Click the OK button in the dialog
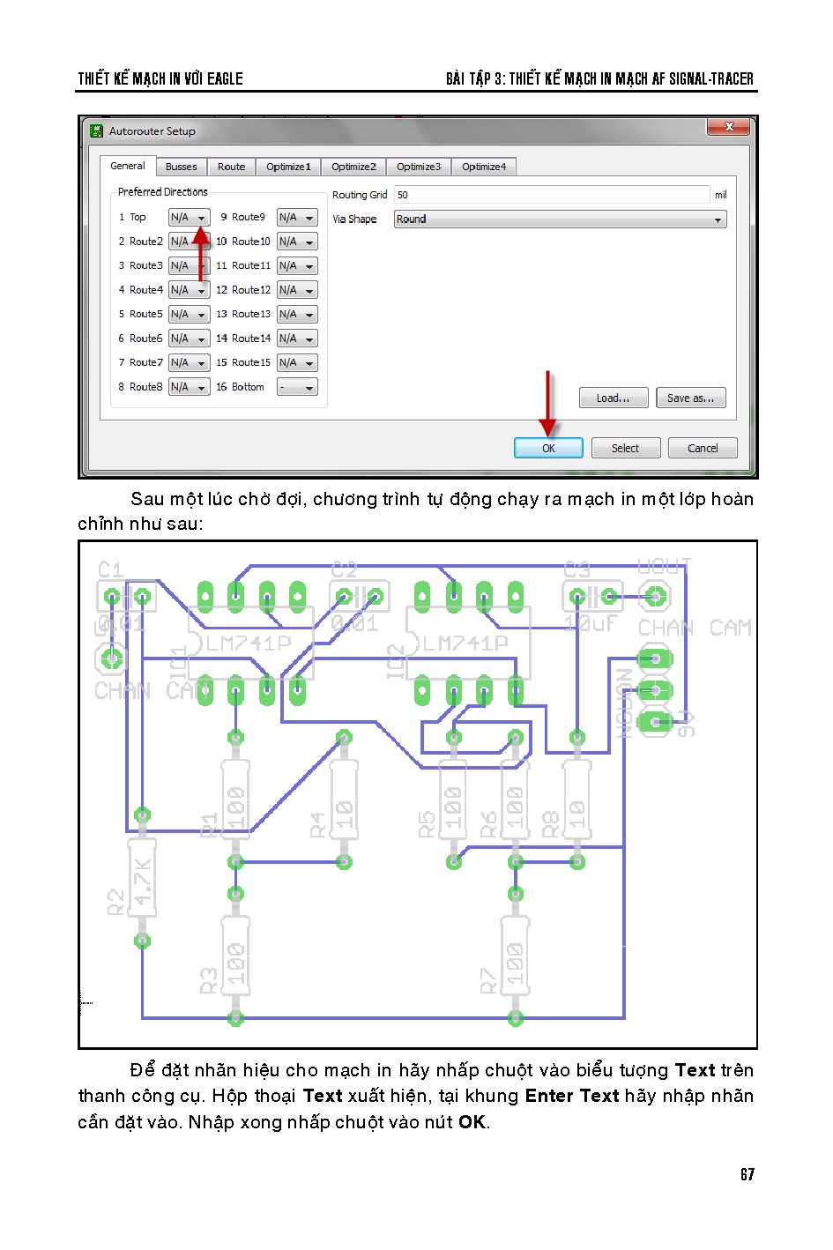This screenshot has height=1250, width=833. coord(548,448)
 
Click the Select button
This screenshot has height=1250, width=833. coord(625,448)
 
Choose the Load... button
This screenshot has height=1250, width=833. coord(613,398)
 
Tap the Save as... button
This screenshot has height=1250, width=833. coord(690,398)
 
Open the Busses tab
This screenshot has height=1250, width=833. coord(182,167)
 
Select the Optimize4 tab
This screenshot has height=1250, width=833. coord(484,167)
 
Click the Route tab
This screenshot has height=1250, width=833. coord(231,167)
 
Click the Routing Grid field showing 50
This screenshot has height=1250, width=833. coord(551,195)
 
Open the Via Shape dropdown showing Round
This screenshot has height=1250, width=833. coord(560,219)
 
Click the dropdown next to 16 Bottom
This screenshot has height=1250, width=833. coord(297,387)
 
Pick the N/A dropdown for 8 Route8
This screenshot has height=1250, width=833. coord(189,387)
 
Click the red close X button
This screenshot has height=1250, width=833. coord(729,128)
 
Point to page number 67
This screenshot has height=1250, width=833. coord(747,1174)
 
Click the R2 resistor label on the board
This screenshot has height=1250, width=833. coord(115,903)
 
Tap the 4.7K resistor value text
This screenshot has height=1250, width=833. coord(142,879)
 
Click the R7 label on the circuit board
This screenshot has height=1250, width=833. coord(487,980)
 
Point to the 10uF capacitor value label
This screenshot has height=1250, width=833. coord(591,623)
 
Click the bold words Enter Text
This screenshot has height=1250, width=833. coord(572,1096)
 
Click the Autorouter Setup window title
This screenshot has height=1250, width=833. coord(152,131)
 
